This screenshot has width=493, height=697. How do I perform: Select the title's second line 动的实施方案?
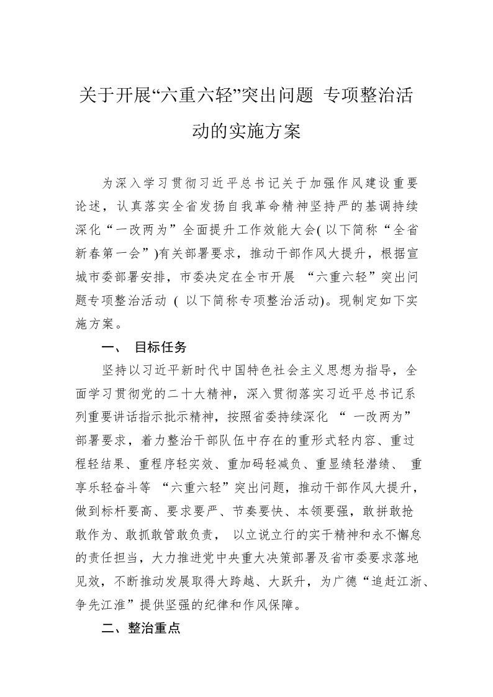point(246,131)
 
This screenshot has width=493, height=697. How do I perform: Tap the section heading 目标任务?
point(161,347)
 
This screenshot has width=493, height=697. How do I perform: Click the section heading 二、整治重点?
point(140,628)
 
